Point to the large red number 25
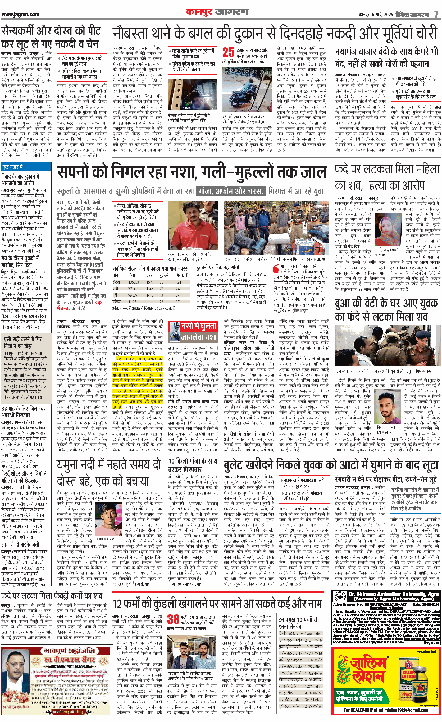click(228, 52)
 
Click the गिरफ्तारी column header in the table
click(182, 275)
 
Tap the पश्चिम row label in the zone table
click(117, 301)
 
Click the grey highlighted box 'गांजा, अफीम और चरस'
click(231, 191)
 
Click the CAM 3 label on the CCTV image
click(187, 108)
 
